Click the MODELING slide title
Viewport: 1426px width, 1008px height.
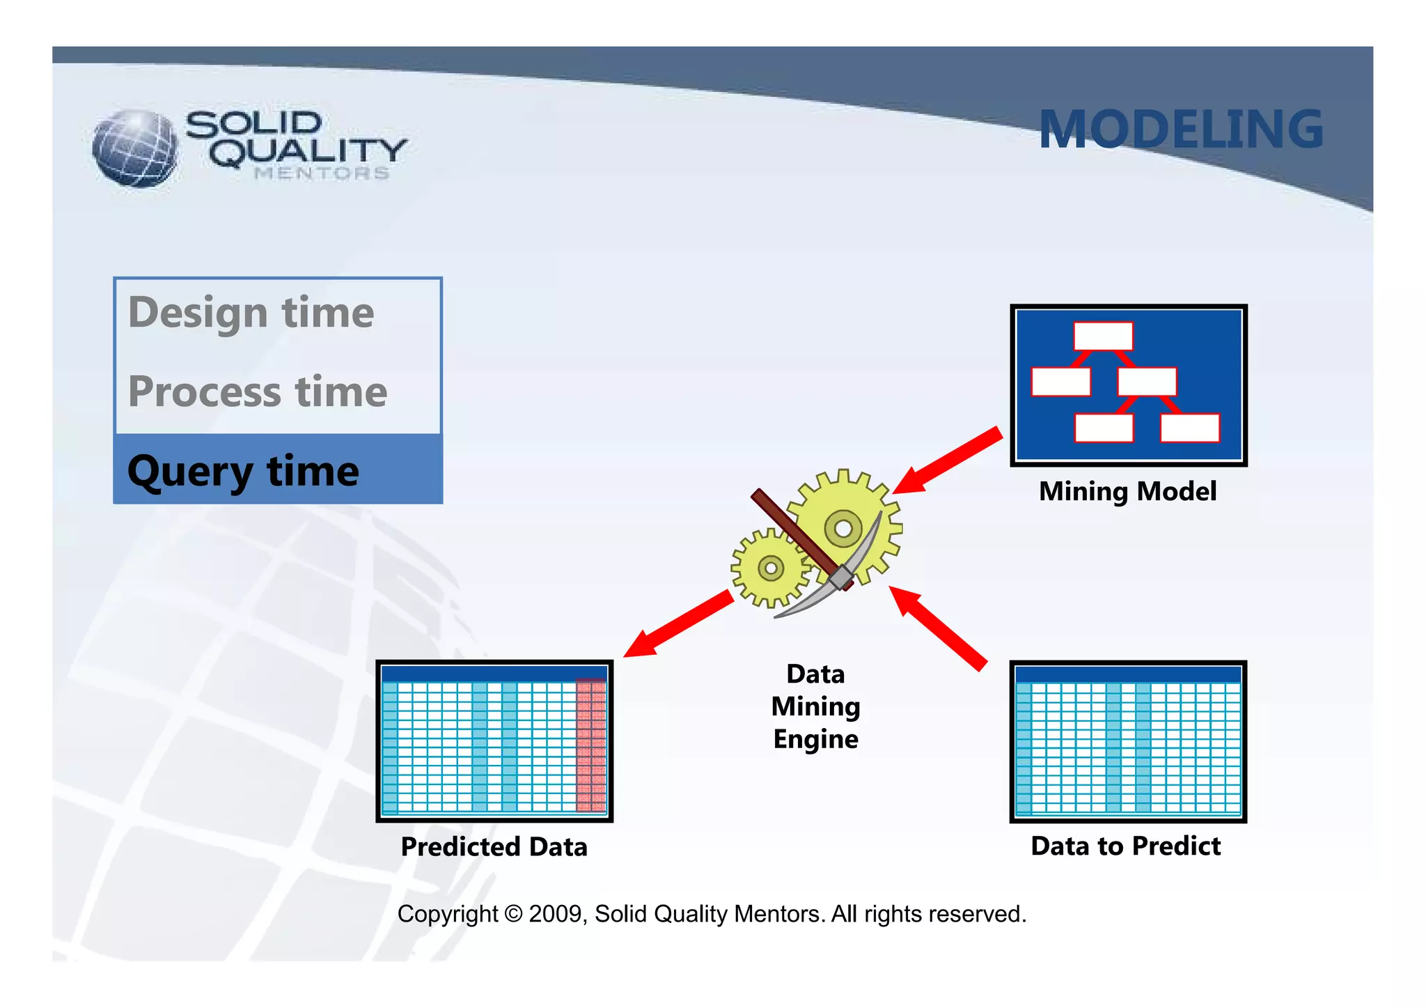pos(1180,130)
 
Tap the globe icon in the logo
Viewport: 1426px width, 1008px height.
pos(135,148)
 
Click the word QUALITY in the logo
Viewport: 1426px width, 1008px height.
pos(308,152)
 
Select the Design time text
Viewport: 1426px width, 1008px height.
pos(251,312)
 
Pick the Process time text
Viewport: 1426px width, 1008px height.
pos(258,391)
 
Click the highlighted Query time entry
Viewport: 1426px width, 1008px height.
pos(244,471)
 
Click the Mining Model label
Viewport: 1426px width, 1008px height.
pos(1127,492)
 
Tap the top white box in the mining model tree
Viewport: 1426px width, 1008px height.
pos(1103,336)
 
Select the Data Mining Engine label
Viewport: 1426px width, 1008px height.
pos(815,706)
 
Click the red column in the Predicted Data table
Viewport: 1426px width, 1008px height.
pos(590,746)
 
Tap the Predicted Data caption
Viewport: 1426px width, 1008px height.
pos(494,847)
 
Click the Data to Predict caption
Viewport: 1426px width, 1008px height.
pos(1125,846)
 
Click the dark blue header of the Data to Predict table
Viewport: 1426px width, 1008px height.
pos(1128,674)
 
